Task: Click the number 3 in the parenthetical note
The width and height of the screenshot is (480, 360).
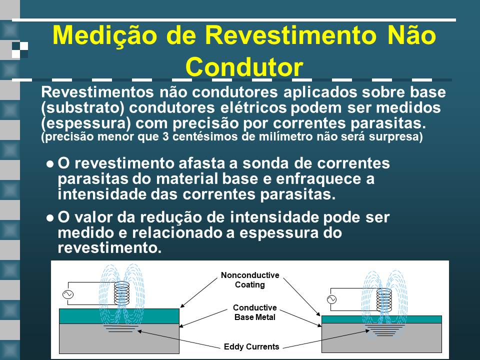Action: click(165, 136)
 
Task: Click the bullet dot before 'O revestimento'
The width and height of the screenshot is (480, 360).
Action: click(50, 164)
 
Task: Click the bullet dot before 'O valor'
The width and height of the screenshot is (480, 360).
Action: click(50, 218)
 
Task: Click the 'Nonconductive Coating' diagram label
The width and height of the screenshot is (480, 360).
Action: click(250, 280)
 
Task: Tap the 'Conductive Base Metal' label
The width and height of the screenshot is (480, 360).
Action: click(254, 312)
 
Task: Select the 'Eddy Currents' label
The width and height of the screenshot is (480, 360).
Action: click(251, 346)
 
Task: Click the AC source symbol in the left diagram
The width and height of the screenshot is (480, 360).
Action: click(68, 294)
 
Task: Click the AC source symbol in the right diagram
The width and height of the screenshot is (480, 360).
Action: click(332, 299)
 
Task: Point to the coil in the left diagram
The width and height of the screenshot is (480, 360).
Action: click(121, 293)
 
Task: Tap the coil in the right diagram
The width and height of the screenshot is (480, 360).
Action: click(384, 300)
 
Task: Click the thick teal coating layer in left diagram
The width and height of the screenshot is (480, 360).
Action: click(119, 316)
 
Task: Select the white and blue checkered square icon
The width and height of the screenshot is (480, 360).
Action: click(20, 50)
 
